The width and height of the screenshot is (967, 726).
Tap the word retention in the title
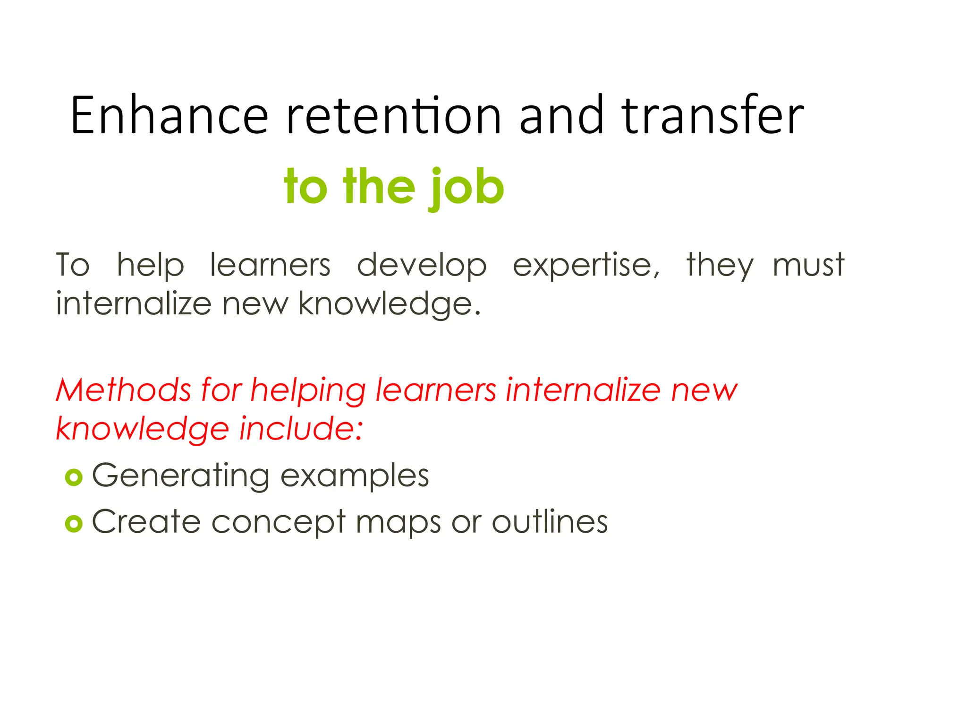click(x=393, y=116)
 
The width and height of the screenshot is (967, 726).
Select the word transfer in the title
click(x=713, y=116)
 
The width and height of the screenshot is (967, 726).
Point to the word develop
click(x=422, y=266)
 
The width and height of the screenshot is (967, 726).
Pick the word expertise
click(x=585, y=266)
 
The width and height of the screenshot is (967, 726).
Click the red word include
click(x=301, y=429)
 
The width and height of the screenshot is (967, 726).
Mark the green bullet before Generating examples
click(x=74, y=477)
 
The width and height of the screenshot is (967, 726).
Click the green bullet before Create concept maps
click(x=74, y=523)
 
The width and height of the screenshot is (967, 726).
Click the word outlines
click(x=550, y=522)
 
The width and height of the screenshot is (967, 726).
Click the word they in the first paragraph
click(x=720, y=266)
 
